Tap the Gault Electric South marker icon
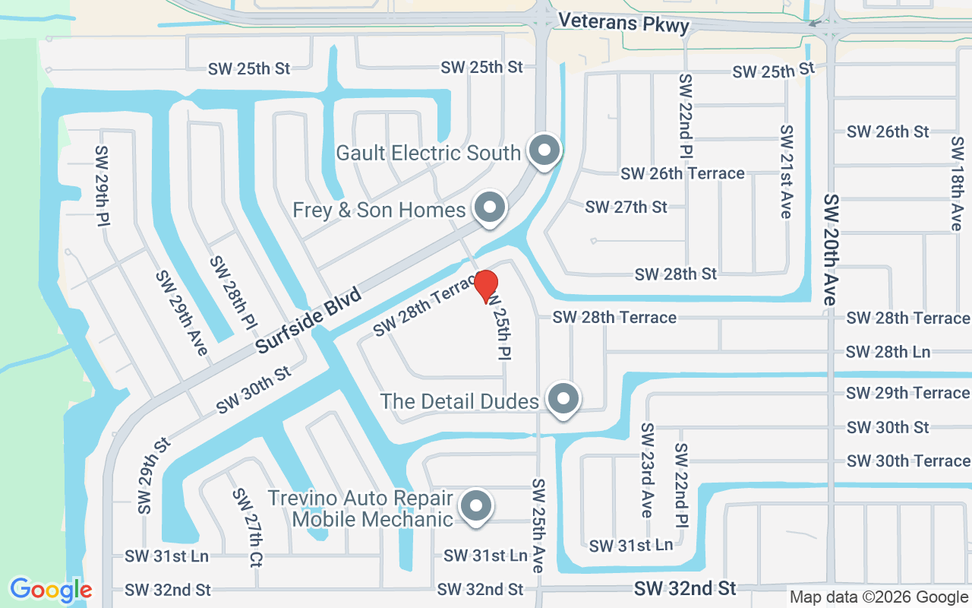point(544,150)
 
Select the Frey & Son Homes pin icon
point(490,207)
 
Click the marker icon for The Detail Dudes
point(563,398)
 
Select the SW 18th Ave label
point(956,183)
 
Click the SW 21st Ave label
point(786,172)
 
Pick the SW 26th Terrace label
point(682,173)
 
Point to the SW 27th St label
point(626,207)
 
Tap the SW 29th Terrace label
point(907,393)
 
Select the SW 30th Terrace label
point(907,461)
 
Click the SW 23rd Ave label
point(646,470)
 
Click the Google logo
point(51,590)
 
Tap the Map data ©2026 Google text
point(879,597)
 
